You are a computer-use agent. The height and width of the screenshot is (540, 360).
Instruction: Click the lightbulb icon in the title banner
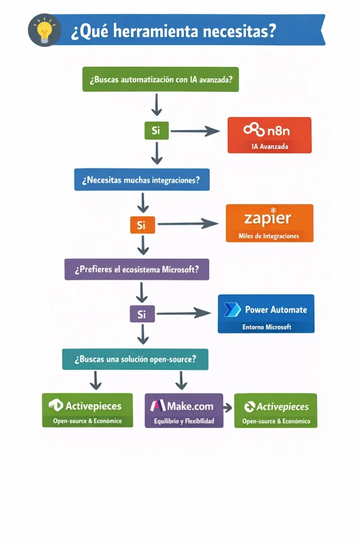click(44, 31)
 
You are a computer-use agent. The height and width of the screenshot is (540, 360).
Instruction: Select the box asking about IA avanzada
click(160, 80)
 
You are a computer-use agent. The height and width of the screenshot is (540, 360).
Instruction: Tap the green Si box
click(156, 130)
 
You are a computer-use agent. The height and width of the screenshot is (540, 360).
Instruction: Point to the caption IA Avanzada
click(270, 147)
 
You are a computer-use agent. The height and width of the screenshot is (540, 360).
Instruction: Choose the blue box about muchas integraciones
click(141, 180)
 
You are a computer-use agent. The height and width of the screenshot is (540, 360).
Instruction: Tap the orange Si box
click(142, 225)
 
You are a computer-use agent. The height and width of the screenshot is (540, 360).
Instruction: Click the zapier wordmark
click(268, 218)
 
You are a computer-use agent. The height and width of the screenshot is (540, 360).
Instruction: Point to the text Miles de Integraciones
click(269, 236)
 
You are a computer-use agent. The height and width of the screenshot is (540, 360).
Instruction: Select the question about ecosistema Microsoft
click(137, 269)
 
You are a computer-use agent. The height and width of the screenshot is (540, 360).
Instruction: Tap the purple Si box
click(142, 314)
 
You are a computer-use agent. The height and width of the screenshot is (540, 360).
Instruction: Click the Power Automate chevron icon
click(232, 310)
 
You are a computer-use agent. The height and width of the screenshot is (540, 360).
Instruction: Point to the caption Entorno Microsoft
click(267, 327)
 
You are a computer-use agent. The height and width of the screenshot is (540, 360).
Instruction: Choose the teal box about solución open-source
click(135, 359)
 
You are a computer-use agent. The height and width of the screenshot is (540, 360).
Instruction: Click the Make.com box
click(183, 409)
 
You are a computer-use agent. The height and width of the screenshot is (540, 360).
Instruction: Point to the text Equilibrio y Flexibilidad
click(183, 421)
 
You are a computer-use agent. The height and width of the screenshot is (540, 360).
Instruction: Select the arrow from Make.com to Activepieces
click(228, 408)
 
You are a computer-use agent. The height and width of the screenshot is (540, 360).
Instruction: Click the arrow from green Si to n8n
click(195, 131)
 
